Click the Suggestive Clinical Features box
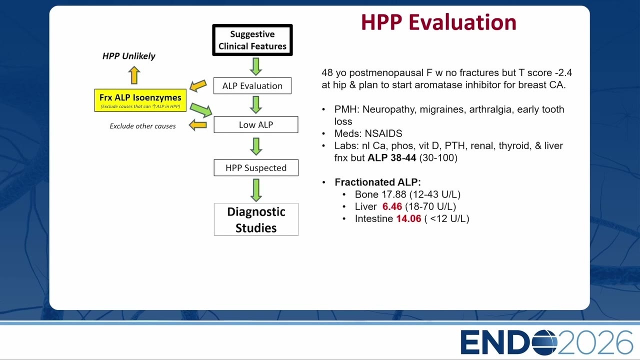pos(252,40)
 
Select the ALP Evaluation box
pos(252,85)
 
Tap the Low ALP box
pos(255,124)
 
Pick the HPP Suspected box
pos(256,167)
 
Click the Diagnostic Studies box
pos(256,219)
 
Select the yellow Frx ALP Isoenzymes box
pos(140,100)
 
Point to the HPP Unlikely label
pos(128,56)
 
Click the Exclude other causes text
pos(142,126)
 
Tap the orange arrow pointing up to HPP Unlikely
pos(134,75)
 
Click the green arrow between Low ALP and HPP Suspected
pos(256,146)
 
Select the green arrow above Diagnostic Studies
pos(256,190)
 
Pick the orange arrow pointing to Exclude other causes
pos(197,125)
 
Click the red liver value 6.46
pos(392,206)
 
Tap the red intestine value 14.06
pos(408,219)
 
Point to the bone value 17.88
pos(393,194)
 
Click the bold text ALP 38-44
pos(391,157)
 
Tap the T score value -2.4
pos(563,72)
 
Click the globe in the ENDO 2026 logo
pos(545,342)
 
